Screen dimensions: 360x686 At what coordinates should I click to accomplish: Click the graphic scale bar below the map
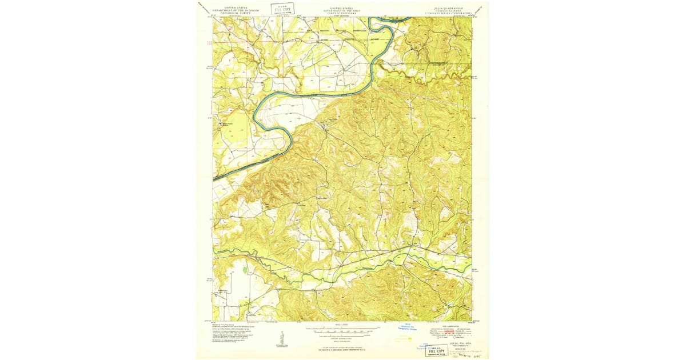(342, 330)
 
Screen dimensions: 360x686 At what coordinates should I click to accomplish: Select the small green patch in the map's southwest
(245, 269)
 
